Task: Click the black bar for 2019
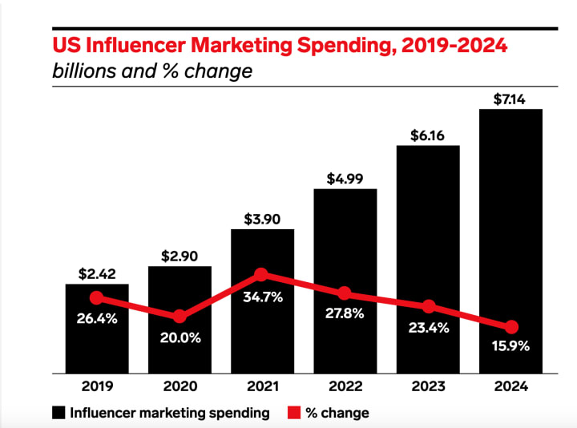[96, 345]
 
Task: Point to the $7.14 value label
[510, 99]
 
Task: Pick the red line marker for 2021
[262, 275]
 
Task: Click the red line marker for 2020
[180, 316]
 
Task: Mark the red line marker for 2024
[511, 327]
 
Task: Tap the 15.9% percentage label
[511, 348]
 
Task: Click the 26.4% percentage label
[97, 318]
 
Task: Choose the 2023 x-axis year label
[428, 386]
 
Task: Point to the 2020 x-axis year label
[180, 386]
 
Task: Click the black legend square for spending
[59, 413]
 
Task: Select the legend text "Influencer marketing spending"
[170, 413]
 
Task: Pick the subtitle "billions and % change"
[152, 71]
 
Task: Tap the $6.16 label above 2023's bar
[428, 136]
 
